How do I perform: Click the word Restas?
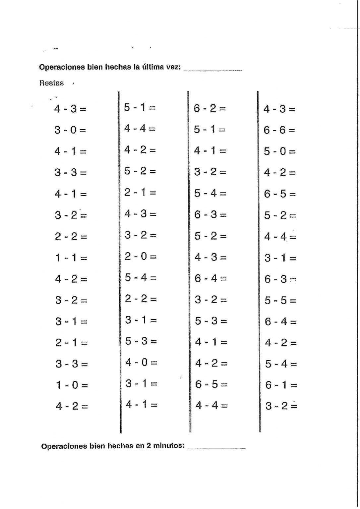click(51, 83)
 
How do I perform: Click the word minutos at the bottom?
click(169, 446)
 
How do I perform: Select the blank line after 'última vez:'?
click(212, 70)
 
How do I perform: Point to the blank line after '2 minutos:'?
click(216, 448)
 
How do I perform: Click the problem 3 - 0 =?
click(70, 130)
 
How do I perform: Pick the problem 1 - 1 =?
click(71, 257)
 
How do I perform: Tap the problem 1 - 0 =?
click(72, 385)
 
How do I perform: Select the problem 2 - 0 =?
click(140, 256)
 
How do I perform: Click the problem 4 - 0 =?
click(141, 362)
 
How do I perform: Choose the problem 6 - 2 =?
click(210, 108)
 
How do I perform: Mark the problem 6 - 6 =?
click(279, 130)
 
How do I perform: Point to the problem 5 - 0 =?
click(280, 151)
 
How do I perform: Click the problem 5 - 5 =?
click(280, 300)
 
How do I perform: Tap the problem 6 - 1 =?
click(281, 385)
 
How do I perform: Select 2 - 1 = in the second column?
click(140, 192)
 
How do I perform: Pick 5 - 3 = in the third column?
click(210, 321)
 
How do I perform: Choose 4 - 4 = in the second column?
click(140, 129)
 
